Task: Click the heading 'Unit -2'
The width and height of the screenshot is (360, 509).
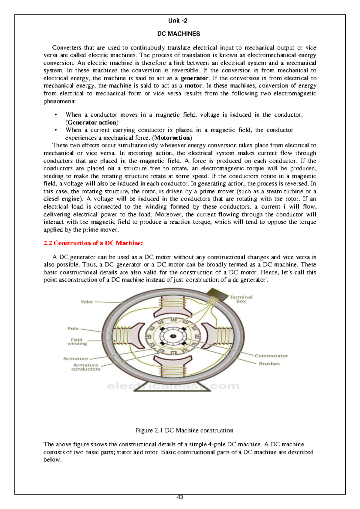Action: tap(178, 21)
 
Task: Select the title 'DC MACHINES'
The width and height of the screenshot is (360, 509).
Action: tap(178, 34)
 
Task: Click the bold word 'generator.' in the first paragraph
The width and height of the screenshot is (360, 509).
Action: tap(194, 78)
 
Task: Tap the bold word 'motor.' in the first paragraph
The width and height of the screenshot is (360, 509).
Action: tap(193, 86)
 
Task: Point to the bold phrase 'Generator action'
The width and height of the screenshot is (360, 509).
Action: tap(92, 123)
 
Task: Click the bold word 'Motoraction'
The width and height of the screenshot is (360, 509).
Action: tap(172, 138)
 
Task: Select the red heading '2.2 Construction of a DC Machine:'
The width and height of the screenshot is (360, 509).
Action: tap(93, 243)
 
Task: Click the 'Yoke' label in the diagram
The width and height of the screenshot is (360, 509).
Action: tap(86, 302)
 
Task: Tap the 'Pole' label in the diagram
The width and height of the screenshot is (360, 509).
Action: tap(73, 329)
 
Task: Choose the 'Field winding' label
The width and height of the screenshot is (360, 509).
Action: tap(77, 342)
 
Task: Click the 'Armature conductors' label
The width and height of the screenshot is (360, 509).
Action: tap(86, 367)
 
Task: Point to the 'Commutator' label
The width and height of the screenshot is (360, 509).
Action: tap(271, 356)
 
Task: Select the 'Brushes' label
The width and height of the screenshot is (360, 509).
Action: tap(269, 364)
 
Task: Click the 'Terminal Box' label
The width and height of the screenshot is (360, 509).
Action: tap(241, 299)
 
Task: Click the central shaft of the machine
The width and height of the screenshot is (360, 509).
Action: tap(173, 336)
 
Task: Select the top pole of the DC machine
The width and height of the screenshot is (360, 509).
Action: tap(173, 309)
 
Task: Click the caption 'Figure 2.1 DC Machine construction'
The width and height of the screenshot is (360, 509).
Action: tap(184, 430)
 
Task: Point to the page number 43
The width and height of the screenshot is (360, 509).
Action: tap(180, 497)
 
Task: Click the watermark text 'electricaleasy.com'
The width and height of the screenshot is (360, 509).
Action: tap(173, 386)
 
